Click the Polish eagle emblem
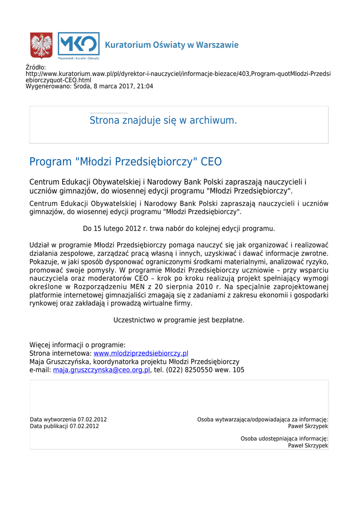(x=41, y=45)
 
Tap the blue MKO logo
(x=78, y=45)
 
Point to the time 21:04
(x=145, y=86)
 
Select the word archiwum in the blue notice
(x=213, y=121)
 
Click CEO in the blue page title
(x=211, y=162)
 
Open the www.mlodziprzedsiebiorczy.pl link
(x=141, y=353)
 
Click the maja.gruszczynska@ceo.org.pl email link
(x=101, y=370)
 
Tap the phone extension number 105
(x=238, y=370)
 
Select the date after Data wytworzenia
(x=92, y=420)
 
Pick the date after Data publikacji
(x=84, y=426)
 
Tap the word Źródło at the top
(x=35, y=67)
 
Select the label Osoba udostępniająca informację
(x=284, y=439)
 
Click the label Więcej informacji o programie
(x=77, y=345)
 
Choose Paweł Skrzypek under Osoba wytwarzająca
(x=308, y=426)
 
